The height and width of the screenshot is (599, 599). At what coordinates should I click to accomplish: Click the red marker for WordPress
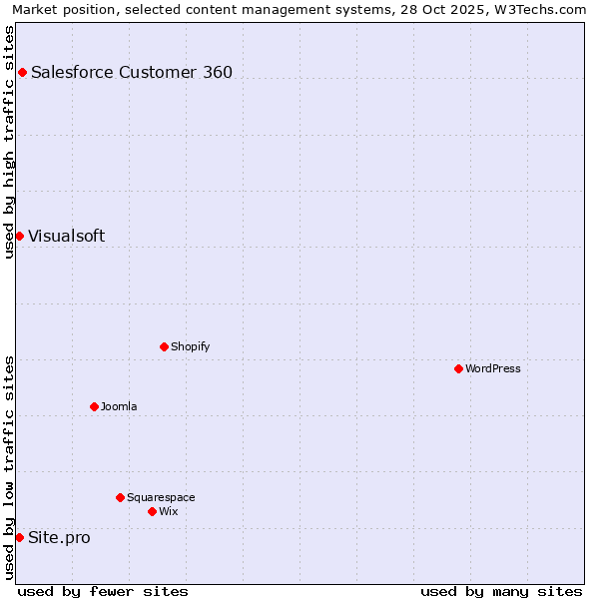tap(458, 368)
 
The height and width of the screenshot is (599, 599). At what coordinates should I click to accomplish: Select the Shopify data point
tap(164, 346)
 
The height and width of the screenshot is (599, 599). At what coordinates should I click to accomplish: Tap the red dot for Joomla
tap(94, 406)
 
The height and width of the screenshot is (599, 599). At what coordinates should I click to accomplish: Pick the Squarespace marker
tap(120, 497)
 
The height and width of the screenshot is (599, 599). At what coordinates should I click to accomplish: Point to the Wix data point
tap(152, 511)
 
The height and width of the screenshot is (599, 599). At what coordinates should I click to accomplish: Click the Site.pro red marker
tap(19, 537)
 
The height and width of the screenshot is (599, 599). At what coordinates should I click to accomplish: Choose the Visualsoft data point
tap(19, 236)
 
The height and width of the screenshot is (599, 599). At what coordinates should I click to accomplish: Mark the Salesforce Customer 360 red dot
tap(22, 72)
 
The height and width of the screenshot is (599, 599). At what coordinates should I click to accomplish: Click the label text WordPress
tap(493, 368)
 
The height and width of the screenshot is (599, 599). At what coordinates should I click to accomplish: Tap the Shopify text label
tap(190, 346)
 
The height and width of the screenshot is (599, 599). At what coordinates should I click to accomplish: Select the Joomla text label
tap(119, 406)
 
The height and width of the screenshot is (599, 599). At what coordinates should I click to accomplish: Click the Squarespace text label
tap(161, 497)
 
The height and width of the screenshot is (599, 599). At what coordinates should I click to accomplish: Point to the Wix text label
tap(169, 511)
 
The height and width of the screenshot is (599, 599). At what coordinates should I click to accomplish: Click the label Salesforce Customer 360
tap(132, 72)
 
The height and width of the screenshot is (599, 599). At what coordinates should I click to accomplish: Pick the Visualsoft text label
tap(66, 236)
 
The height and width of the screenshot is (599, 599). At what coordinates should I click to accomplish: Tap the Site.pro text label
tap(59, 537)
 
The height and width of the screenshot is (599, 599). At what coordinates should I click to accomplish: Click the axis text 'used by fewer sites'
tap(103, 591)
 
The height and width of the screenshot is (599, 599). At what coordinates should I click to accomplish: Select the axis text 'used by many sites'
tap(501, 591)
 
